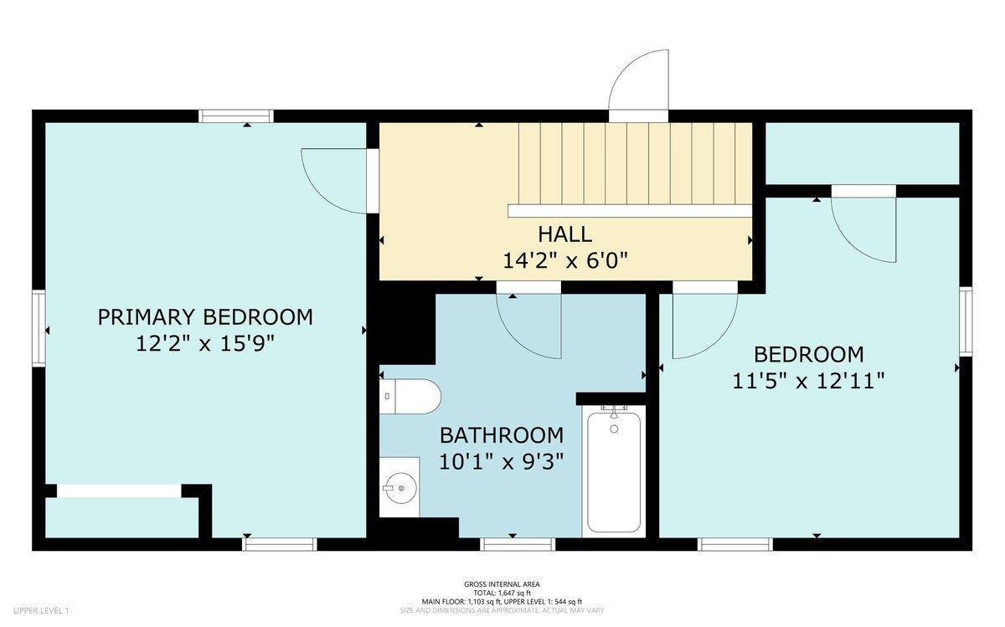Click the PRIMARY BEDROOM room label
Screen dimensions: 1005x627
[x=205, y=317]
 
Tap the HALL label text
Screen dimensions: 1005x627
[x=564, y=234]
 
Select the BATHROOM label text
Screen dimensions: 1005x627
[x=502, y=435]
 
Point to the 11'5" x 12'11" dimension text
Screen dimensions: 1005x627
[x=808, y=381]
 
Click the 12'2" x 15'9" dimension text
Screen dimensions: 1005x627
[x=205, y=344]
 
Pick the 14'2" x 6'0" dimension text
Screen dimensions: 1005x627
[x=564, y=260]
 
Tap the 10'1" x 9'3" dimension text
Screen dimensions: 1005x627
[x=501, y=461]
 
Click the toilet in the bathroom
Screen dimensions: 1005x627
[x=410, y=397]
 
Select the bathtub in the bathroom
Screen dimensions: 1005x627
[x=614, y=470]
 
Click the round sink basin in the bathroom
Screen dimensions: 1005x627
[x=399, y=487]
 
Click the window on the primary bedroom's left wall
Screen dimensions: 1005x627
[x=39, y=328]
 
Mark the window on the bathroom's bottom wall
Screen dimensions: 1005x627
[x=518, y=544]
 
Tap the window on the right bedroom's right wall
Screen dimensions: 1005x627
[x=966, y=321]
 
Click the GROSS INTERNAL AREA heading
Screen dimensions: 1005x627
[x=502, y=584]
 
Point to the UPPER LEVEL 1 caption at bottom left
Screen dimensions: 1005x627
[x=41, y=610]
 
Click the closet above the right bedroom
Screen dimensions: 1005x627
[x=862, y=153]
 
